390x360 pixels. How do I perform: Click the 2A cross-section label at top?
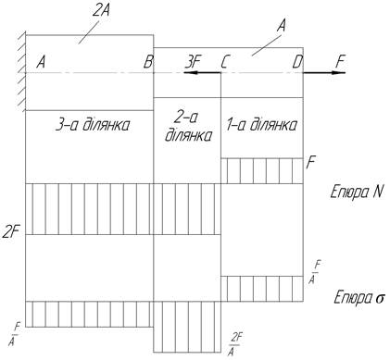coord(102,11)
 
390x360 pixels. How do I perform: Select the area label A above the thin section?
coord(281,25)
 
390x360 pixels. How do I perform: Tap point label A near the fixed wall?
coord(41,62)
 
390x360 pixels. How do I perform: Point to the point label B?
coord(148,62)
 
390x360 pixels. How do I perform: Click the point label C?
coord(224,62)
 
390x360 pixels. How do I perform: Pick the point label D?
coord(297,62)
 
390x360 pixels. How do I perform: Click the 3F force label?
coord(193,62)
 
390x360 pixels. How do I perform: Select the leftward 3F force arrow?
coord(202,73)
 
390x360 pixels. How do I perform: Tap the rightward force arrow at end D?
coord(324,73)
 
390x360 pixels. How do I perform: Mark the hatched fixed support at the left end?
coord(21,72)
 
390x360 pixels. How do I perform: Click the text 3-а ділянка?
coord(93,125)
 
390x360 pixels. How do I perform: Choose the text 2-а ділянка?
coord(188,127)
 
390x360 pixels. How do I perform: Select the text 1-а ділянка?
coord(262,125)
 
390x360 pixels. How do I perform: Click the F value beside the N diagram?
coord(310,163)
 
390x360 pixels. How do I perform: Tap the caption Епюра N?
coord(357,192)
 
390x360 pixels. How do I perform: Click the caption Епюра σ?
coord(359,298)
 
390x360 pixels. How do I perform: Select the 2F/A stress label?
coord(235,344)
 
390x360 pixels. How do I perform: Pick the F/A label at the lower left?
coord(14,334)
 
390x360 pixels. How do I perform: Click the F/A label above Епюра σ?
coord(315,272)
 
